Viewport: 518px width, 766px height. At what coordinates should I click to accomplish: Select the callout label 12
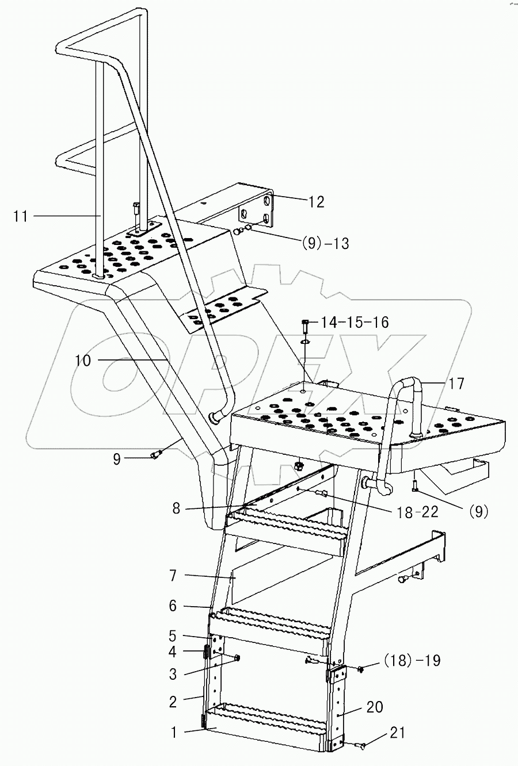pos(316,202)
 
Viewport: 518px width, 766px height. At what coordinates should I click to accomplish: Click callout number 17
pos(456,384)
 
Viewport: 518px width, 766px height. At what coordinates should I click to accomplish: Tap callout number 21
pos(397,733)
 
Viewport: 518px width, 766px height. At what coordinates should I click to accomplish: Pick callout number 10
pos(82,361)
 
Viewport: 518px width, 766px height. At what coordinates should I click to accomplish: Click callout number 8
pos(176,508)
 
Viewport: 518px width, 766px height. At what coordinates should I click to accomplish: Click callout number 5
pos(173,637)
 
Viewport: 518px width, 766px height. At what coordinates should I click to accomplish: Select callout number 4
pos(173,652)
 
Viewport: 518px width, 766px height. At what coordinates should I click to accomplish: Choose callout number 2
pos(173,702)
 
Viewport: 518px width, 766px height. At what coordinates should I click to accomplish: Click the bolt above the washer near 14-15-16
pos(306,326)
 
